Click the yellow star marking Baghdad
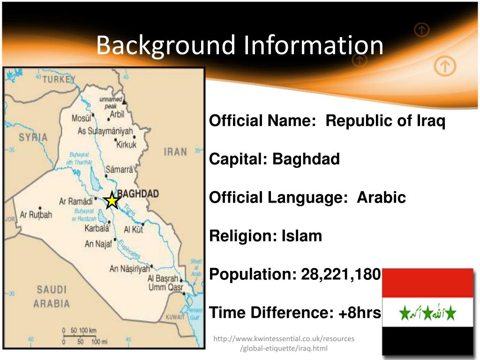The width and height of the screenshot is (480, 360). coord(112,201)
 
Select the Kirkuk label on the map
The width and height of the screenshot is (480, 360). coord(126,144)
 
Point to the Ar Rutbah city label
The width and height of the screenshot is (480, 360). coord(36,215)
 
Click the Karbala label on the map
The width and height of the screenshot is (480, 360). coord(97,229)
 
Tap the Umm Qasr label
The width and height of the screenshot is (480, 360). coord(165,287)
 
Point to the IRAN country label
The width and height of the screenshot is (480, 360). coord(175,152)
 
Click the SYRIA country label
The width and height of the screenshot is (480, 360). coord(33,137)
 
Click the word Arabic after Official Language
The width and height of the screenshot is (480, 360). coord(381,198)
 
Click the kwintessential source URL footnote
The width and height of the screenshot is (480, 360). coord(284,344)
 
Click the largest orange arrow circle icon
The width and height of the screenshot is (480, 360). coord(444,67)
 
